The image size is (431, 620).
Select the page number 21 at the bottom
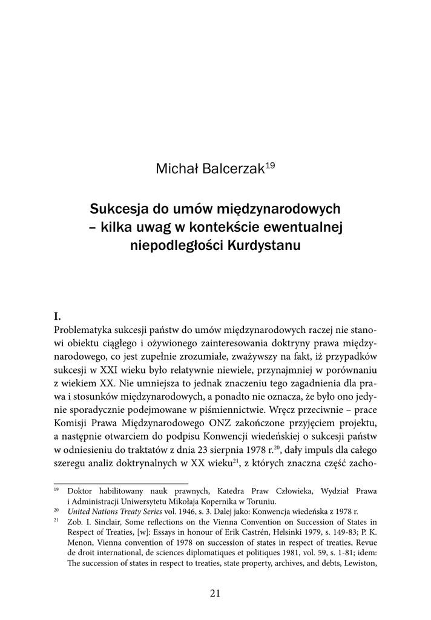click(x=215, y=594)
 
